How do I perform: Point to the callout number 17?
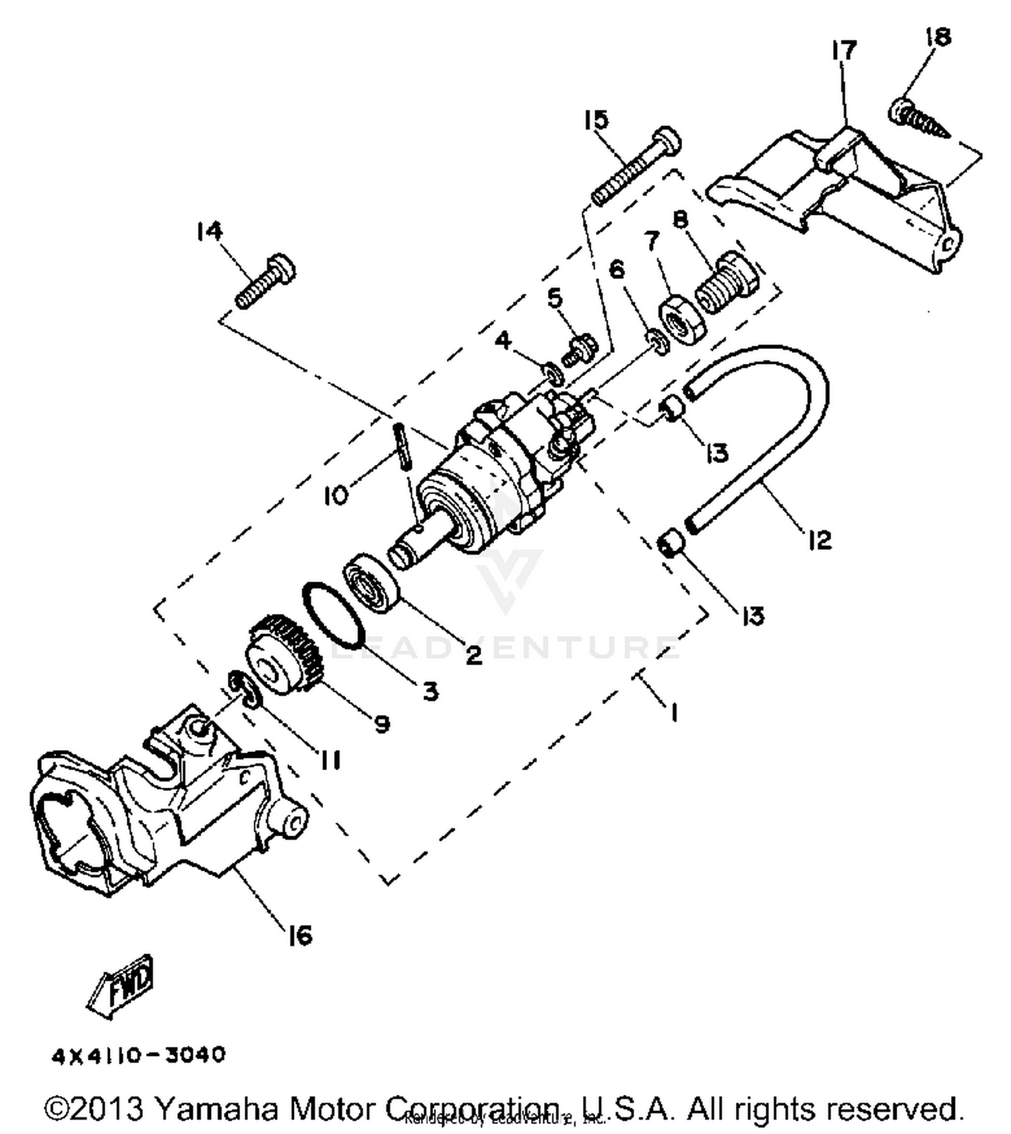click(x=843, y=51)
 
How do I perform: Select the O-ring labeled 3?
click(x=333, y=613)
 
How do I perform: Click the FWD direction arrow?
click(x=121, y=985)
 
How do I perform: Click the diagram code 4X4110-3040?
click(x=139, y=1054)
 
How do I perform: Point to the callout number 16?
click(x=299, y=935)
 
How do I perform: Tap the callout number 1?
click(x=673, y=711)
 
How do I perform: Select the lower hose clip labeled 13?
click(x=671, y=544)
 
